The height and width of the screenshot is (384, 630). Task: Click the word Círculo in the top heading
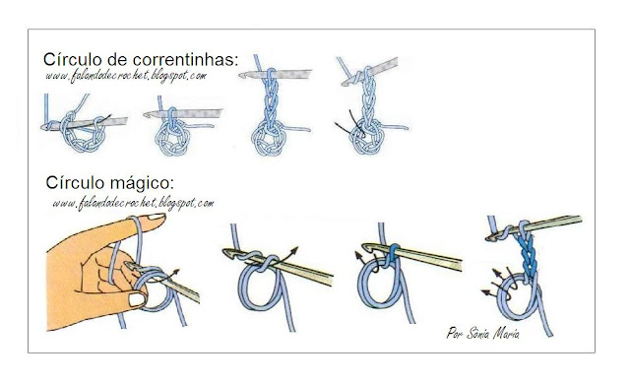[73, 59]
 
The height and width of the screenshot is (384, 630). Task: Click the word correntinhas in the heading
[185, 60]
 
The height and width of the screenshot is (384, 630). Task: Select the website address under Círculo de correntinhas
[126, 76]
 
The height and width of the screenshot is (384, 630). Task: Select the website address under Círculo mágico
[134, 203]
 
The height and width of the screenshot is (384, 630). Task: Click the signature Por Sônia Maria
[483, 333]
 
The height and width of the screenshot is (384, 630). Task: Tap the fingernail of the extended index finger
[156, 217]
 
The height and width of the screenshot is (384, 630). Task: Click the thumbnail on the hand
[137, 299]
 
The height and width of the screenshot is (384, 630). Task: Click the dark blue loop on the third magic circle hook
[393, 256]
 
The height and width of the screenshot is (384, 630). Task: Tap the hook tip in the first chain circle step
[46, 127]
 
